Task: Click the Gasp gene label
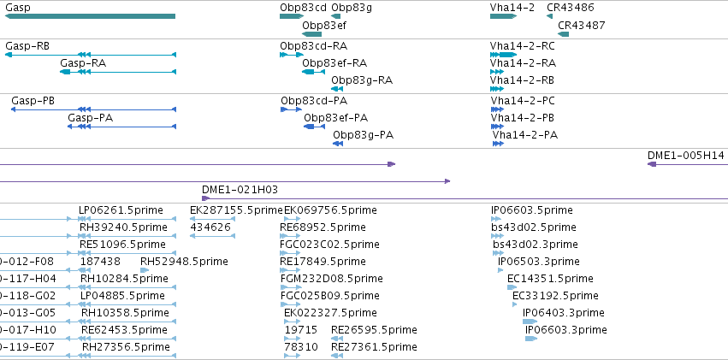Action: pyautogui.click(x=15, y=8)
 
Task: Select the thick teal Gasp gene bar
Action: pyautogui.click(x=90, y=16)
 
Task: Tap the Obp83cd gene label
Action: pyautogui.click(x=303, y=8)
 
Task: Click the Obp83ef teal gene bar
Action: pyautogui.click(x=311, y=34)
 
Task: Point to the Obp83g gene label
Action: pyautogui.click(x=352, y=8)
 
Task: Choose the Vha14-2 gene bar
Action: pyautogui.click(x=503, y=16)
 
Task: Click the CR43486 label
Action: pyautogui.click(x=570, y=8)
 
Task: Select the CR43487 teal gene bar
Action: pyautogui.click(x=563, y=34)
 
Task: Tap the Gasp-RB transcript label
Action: pyautogui.click(x=27, y=46)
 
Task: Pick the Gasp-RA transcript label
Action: pyautogui.click(x=83, y=63)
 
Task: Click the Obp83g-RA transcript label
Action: pyautogui.click(x=362, y=80)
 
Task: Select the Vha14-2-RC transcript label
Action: pyautogui.click(x=523, y=46)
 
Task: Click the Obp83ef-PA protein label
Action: pyautogui.click(x=335, y=118)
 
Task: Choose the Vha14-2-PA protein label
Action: pyautogui.click(x=525, y=135)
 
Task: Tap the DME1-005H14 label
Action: pyautogui.click(x=686, y=156)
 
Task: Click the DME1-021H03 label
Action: pyautogui.click(x=240, y=189)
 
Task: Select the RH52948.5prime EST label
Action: pyautogui.click(x=184, y=262)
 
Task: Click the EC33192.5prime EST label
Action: pyautogui.click(x=555, y=296)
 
